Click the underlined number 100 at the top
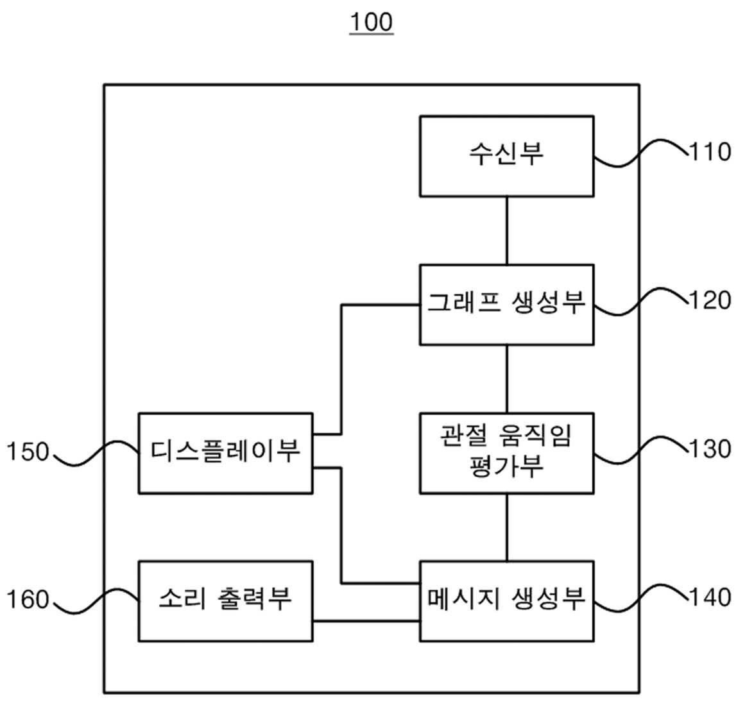coord(372,22)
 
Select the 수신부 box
coord(507,157)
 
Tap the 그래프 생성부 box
coord(507,304)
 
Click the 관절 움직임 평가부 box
coord(507,453)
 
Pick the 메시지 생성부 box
coord(507,601)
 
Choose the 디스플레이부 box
coord(225,453)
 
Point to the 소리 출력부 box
coord(225,601)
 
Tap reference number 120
coord(710,300)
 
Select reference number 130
coord(710,448)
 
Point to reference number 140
coord(710,597)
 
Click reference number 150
coord(28,452)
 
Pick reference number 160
coord(28,600)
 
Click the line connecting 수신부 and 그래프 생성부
coord(507,230)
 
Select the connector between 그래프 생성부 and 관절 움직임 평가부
coord(507,379)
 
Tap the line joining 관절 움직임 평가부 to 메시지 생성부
coord(507,527)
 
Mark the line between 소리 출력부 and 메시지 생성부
coord(366,621)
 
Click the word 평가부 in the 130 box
coord(506,466)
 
